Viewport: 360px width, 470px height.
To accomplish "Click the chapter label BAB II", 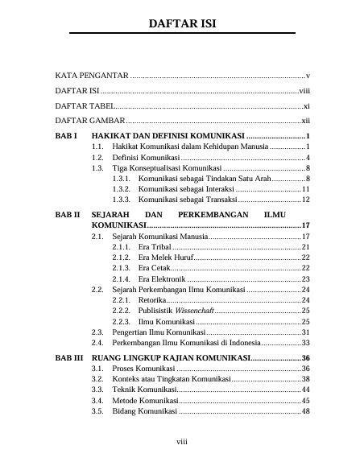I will [68, 215].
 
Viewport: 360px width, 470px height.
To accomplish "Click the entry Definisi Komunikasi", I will [146, 158].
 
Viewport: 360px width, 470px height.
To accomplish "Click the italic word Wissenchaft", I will [194, 309].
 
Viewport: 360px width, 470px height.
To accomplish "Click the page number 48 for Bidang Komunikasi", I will [305, 411].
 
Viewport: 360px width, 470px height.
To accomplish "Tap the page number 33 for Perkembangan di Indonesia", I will [305, 341].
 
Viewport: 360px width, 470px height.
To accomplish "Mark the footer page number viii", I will [182, 441].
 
